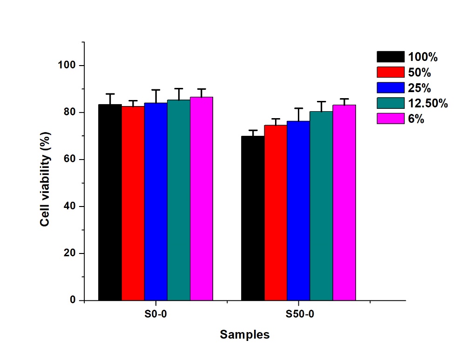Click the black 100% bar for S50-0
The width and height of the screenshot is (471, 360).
(253, 218)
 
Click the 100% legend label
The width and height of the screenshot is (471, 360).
(423, 57)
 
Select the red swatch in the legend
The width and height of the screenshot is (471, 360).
(390, 72)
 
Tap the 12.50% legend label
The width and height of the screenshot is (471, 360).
(428, 103)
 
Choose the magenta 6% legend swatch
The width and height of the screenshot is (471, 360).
(390, 118)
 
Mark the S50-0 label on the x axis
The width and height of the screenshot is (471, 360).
(300, 314)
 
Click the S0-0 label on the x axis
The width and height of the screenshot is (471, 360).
(155, 314)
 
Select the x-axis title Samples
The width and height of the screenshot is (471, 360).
(244, 334)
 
